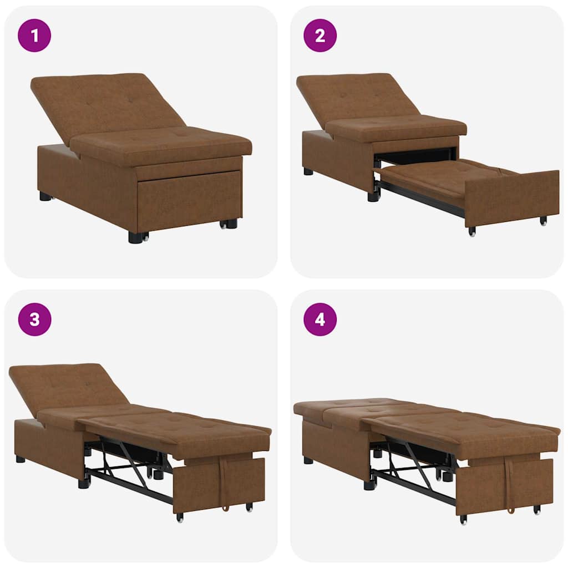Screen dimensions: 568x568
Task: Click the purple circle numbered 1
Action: point(34,35)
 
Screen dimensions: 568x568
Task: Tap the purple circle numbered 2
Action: point(320,35)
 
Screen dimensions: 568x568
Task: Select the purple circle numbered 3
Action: point(34,319)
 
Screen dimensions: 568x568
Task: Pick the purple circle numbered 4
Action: point(320,319)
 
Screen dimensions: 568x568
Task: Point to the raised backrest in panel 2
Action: point(355,97)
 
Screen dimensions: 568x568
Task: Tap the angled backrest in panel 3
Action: point(67,386)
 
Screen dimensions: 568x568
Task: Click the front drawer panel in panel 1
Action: point(189,200)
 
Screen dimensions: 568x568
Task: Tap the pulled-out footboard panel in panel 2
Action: point(510,197)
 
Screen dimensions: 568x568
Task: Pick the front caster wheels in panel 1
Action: point(229,224)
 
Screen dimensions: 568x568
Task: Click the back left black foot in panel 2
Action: point(308,171)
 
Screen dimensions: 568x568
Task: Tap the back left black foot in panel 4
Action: point(308,460)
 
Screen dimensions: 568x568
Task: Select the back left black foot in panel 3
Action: point(21,459)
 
